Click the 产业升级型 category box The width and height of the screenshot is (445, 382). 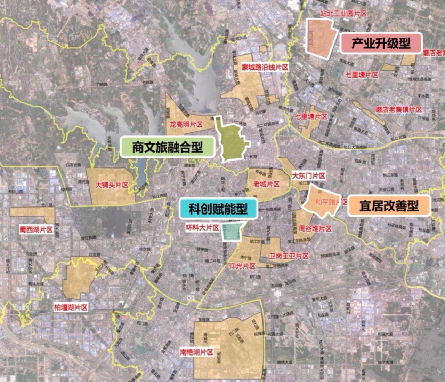coord(381,43)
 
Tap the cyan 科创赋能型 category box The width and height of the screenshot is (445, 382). coord(218,209)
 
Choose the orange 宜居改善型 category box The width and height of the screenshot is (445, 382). coord(389,206)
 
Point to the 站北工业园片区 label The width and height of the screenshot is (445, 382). coord(343,14)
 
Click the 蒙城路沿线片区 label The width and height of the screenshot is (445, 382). coord(265,67)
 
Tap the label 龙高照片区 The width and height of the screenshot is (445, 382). coord(186,124)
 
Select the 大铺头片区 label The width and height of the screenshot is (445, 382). coord(112,185)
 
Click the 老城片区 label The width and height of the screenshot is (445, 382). coord(266,184)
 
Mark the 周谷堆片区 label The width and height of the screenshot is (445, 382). coord(315,229)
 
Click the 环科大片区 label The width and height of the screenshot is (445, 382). coord(202,228)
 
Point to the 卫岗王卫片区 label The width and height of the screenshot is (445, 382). coord(289,256)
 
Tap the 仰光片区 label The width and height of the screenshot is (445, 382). coord(242,266)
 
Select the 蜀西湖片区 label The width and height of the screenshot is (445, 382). coord(36,230)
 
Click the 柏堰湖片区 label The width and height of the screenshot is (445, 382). coord(71,307)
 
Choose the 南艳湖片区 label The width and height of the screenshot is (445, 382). coord(196,352)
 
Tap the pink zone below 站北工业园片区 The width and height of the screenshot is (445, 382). coord(321,38)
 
